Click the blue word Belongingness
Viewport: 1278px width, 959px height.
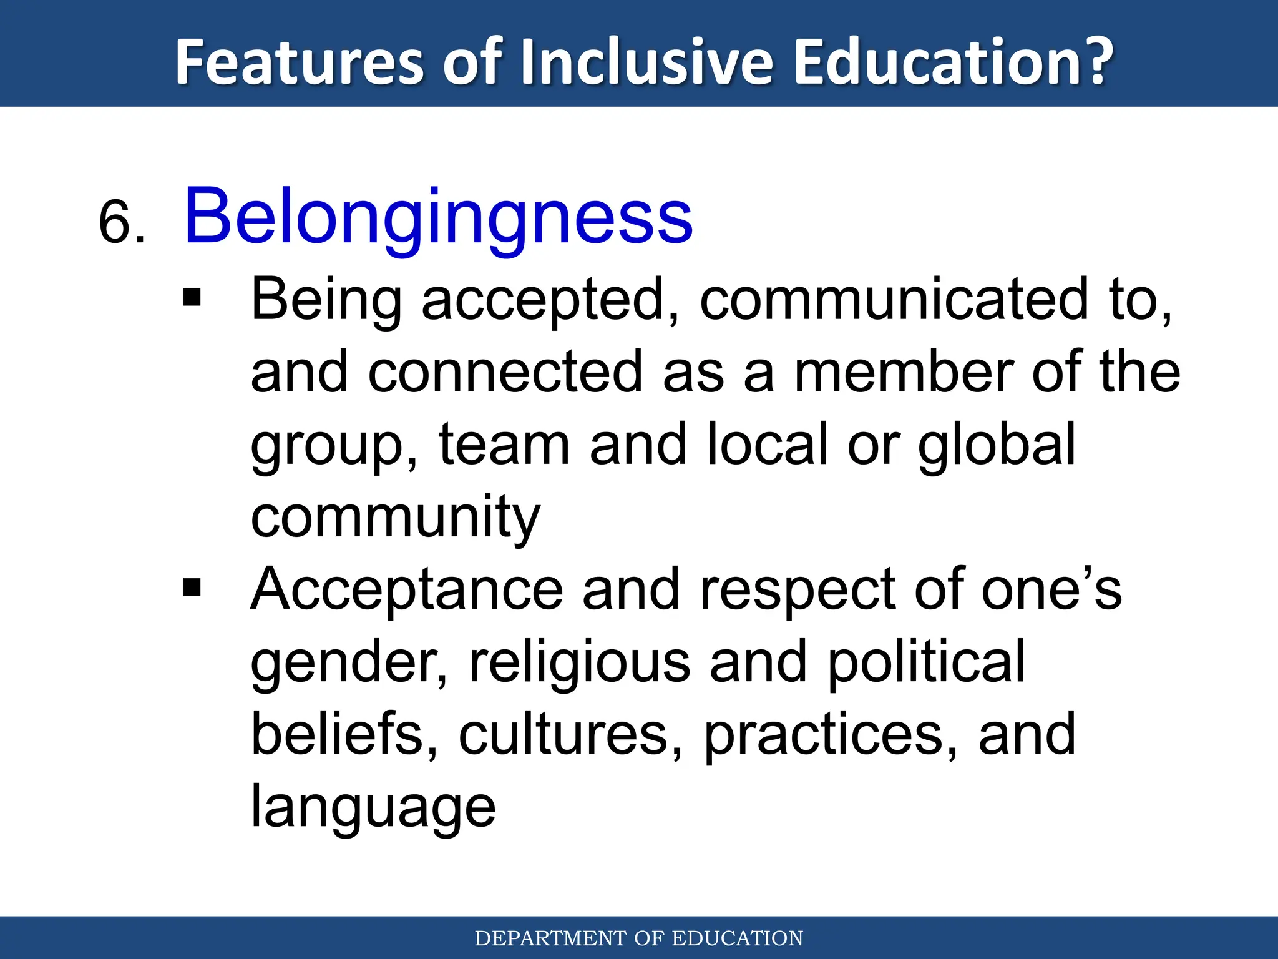[438, 218]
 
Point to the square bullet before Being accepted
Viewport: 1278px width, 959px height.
[192, 298]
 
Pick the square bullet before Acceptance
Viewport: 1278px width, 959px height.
[192, 588]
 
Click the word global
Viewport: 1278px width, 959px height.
[996, 445]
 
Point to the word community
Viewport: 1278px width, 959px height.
[395, 518]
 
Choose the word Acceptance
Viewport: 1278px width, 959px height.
[406, 590]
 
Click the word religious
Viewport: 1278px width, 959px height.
[579, 662]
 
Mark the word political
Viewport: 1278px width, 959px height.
[926, 662]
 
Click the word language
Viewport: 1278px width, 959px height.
[373, 808]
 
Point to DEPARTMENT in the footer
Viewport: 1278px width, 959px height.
[551, 938]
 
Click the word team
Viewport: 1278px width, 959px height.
[504, 445]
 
